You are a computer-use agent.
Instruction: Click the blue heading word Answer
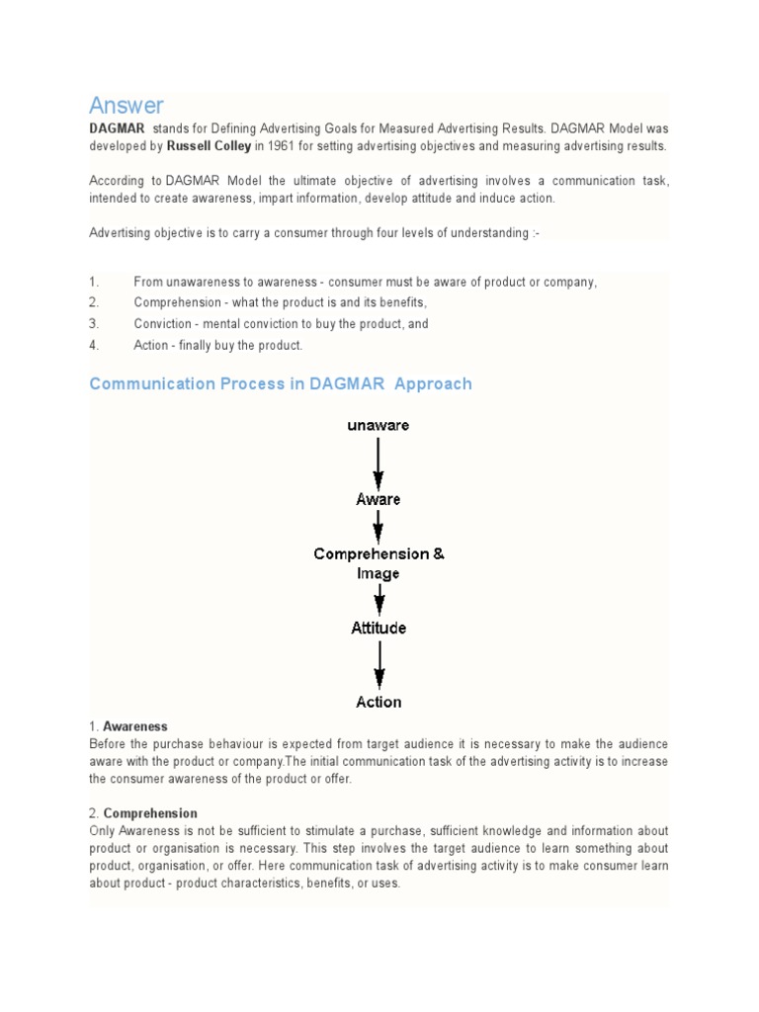pos(126,105)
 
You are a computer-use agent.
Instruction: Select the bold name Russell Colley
pos(209,146)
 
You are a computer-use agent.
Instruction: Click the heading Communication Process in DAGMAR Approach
pos(281,383)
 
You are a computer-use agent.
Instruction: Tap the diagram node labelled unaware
pos(379,426)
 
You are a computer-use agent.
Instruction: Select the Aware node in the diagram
pos(379,499)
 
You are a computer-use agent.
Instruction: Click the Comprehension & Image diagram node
pos(379,563)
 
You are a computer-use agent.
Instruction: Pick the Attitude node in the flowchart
pos(379,628)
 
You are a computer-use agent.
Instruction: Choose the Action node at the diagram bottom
pos(379,702)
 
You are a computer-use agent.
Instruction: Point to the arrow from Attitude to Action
pos(379,665)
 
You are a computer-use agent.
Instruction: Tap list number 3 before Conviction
pos(94,324)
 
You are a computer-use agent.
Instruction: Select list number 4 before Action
pos(94,345)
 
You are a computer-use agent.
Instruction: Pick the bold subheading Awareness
pos(135,726)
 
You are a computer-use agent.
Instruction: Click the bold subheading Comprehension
pos(150,813)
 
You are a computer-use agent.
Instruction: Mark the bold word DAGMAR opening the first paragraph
pos(117,129)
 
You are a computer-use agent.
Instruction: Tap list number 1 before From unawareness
pos(94,282)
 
